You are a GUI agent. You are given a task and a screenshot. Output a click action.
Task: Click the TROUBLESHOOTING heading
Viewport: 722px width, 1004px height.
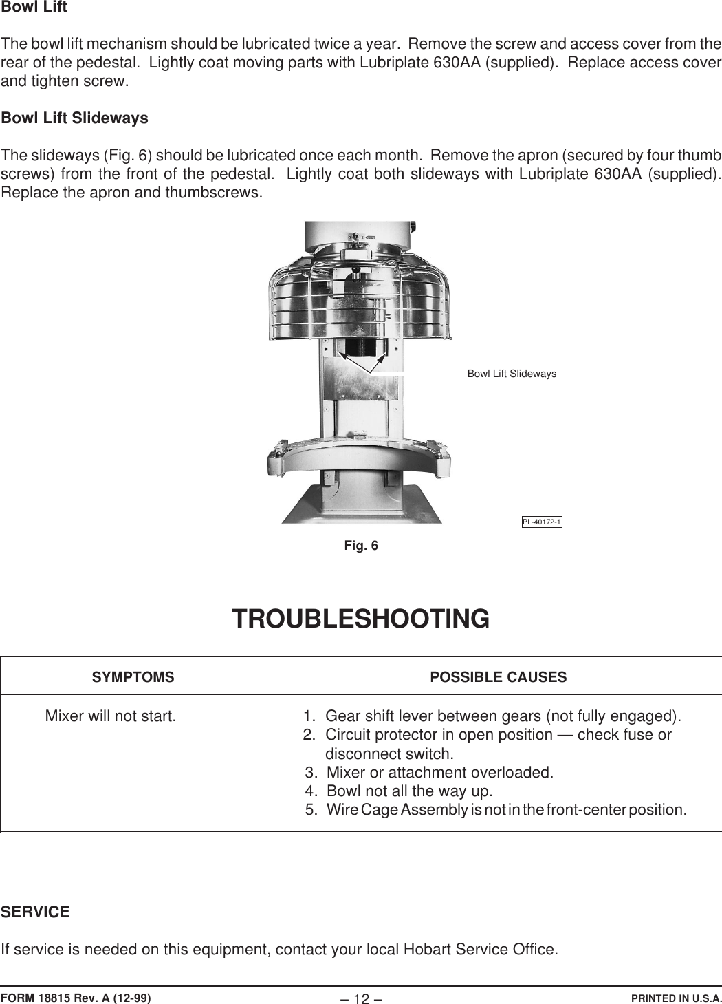coord(360,619)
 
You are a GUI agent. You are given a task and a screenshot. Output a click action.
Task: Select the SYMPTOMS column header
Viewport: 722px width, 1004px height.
coord(133,677)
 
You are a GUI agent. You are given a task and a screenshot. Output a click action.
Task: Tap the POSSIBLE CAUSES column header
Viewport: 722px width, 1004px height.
coord(498,677)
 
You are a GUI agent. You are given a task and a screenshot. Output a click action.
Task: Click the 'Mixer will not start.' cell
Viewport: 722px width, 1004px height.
coord(110,716)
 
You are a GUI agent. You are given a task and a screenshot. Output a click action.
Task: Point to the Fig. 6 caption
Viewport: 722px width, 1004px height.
coord(361,546)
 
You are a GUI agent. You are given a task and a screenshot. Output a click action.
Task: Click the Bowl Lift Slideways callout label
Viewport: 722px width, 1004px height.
coord(512,374)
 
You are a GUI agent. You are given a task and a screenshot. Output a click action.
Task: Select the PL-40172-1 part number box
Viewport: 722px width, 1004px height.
coord(542,522)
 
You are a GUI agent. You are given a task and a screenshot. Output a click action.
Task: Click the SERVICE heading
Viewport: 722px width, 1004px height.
coord(35,912)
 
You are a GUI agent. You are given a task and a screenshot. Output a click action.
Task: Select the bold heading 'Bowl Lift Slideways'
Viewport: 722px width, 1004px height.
coord(74,118)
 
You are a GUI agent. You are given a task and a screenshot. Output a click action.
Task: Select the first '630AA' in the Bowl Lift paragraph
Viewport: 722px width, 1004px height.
coord(458,63)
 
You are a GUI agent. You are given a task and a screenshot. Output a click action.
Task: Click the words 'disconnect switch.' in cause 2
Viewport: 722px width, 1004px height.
coord(389,754)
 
